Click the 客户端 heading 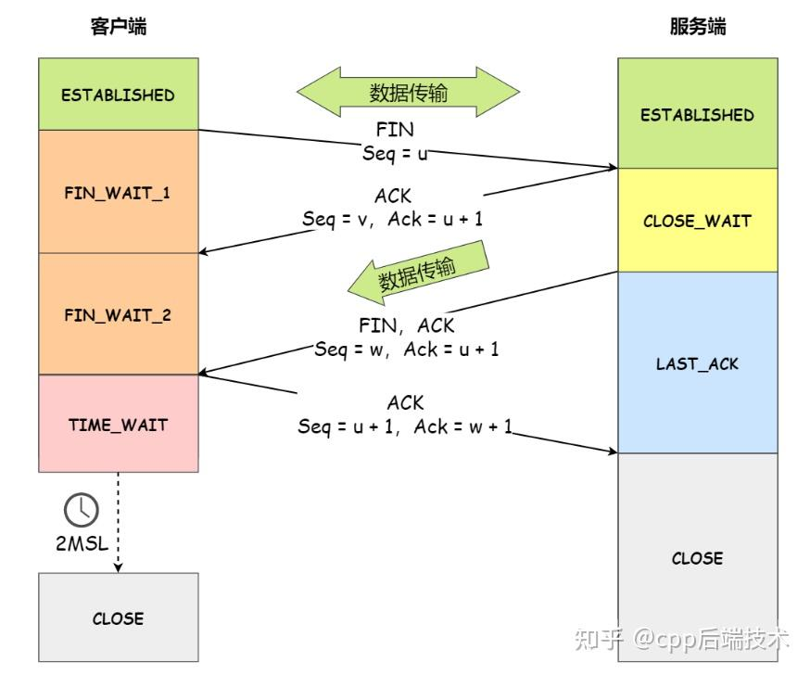(x=118, y=26)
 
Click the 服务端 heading (x=697, y=26)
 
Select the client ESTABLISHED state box (x=118, y=95)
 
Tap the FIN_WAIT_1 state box (x=118, y=193)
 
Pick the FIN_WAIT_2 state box (x=118, y=314)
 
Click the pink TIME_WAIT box (x=118, y=424)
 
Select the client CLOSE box (x=118, y=617)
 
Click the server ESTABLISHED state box (x=697, y=115)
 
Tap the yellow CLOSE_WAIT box (x=697, y=221)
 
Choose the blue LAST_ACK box (x=697, y=362)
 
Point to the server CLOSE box (x=697, y=558)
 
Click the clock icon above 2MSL (x=81, y=509)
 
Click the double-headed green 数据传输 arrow (x=408, y=92)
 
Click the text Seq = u (x=395, y=152)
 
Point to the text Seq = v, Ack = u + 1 (x=392, y=219)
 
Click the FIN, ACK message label (x=406, y=325)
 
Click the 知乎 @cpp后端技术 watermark (x=681, y=638)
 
